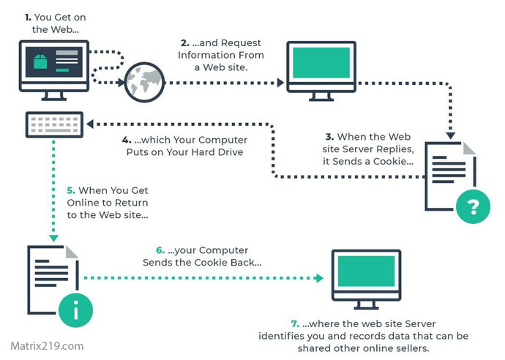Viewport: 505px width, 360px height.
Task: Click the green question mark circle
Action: coord(472,207)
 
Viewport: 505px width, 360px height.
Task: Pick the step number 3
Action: coord(329,136)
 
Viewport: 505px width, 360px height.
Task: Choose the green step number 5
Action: coord(71,190)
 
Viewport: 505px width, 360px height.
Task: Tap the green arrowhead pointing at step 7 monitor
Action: coord(319,278)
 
